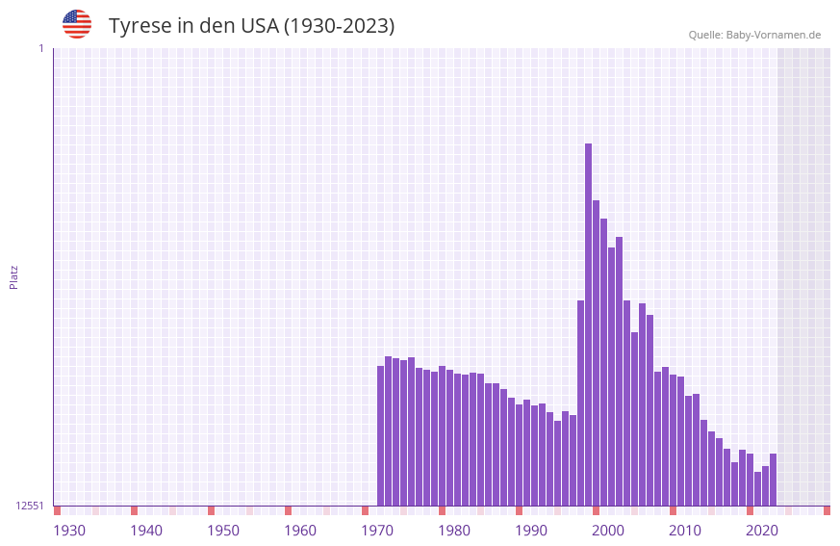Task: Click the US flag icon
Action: coord(77,24)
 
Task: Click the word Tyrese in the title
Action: coord(140,26)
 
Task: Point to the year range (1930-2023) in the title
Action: coord(339,26)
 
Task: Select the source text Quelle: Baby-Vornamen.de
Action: coord(754,35)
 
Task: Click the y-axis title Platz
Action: coord(13,276)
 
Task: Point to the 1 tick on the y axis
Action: coord(40,48)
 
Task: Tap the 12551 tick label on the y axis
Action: coord(30,506)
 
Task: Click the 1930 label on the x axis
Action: coord(69,531)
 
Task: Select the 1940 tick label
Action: coord(146,531)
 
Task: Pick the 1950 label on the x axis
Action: coord(223,531)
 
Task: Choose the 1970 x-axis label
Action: coord(377,531)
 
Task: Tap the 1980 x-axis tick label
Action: coord(454,531)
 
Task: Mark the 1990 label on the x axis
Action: coord(531,531)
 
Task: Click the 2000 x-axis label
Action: coord(608,531)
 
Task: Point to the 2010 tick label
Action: coord(685,531)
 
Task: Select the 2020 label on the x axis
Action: coord(762,531)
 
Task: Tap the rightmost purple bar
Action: coord(773,480)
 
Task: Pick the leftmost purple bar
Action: coord(380,435)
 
